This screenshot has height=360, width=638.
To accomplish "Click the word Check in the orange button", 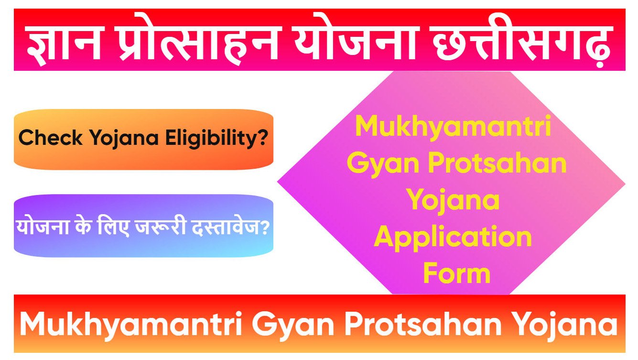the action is [x=50, y=138].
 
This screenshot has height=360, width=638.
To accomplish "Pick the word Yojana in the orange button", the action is [x=124, y=139].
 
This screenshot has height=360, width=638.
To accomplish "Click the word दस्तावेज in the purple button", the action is [x=230, y=226].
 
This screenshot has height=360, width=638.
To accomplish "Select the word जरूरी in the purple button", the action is [x=161, y=226].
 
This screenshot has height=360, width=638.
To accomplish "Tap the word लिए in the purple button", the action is [x=113, y=226].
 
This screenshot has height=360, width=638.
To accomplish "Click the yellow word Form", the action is [x=456, y=273].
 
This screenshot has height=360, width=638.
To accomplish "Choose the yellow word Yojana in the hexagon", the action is [x=453, y=201].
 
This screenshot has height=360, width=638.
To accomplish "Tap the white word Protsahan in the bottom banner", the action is [x=423, y=324].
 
